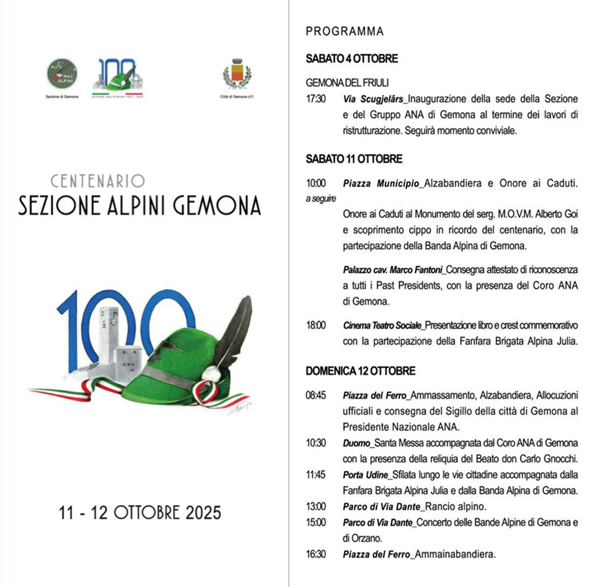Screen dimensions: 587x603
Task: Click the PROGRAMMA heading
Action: tap(344, 31)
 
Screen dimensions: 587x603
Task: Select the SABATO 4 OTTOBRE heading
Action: tap(352, 59)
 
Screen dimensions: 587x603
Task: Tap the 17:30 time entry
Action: tap(316, 99)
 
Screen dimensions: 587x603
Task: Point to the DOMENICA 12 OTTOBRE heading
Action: tap(360, 371)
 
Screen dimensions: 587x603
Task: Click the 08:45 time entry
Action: tap(316, 395)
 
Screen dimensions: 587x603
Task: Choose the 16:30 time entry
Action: tap(316, 554)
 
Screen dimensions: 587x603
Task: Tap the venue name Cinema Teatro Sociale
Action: tap(383, 325)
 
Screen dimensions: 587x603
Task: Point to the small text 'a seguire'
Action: tap(320, 198)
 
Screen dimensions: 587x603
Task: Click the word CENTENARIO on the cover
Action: tap(98, 180)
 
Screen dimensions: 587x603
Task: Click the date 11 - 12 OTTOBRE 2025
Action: tap(140, 513)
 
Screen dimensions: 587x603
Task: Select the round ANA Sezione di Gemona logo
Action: tap(62, 74)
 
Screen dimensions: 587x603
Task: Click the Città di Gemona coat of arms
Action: tap(236, 73)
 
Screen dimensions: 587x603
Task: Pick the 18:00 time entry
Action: tap(316, 325)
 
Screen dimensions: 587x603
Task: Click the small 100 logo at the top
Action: tap(118, 75)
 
